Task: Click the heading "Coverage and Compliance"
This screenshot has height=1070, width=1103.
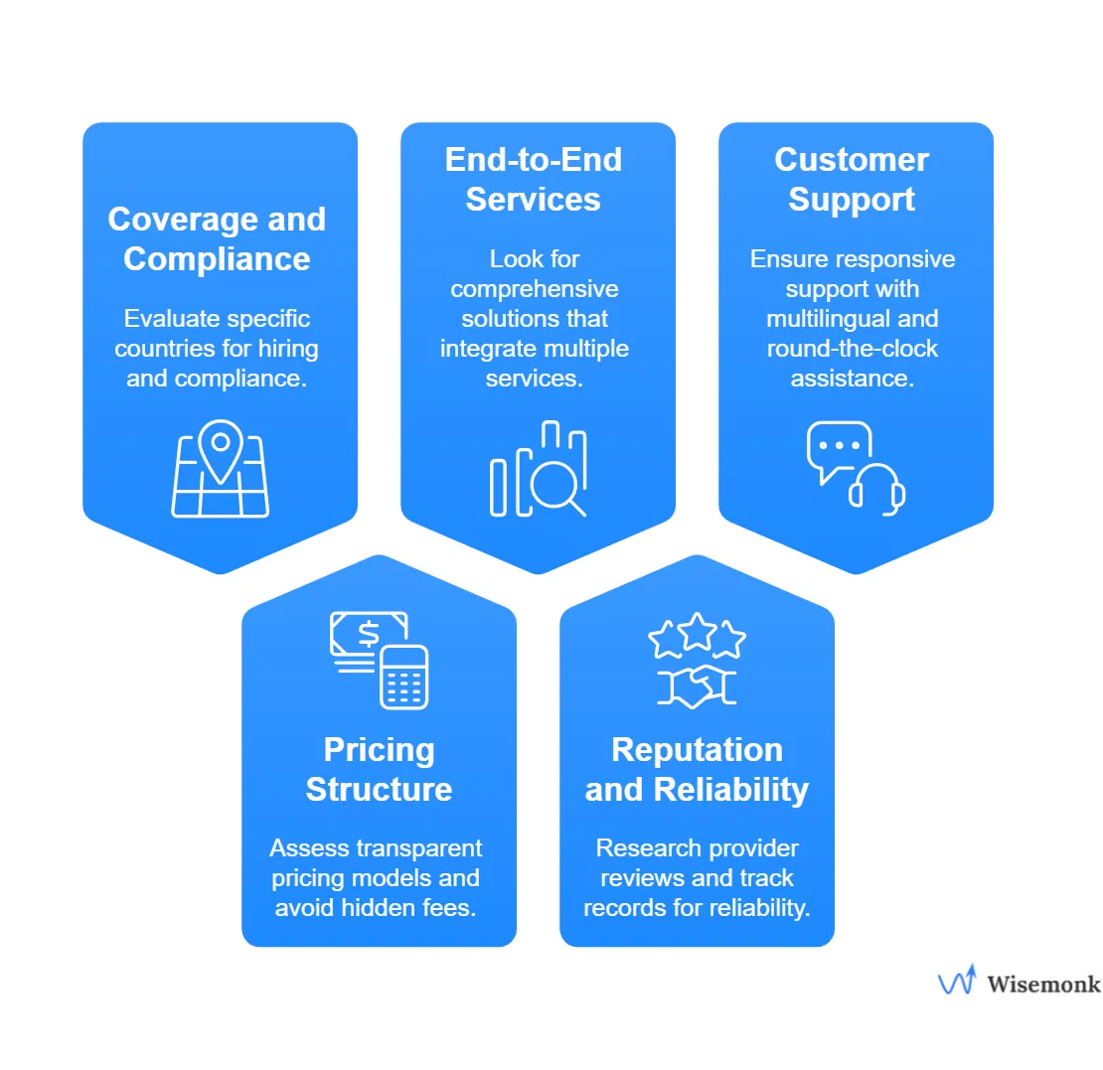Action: (217, 238)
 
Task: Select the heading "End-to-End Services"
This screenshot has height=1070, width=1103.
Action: (534, 179)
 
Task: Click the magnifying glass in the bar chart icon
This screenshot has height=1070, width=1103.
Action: (551, 484)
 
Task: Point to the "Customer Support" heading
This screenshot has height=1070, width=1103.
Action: (852, 179)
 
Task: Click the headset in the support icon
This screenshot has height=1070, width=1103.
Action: (876, 488)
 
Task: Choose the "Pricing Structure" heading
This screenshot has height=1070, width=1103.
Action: (379, 769)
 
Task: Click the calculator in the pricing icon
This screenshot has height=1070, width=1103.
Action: (403, 677)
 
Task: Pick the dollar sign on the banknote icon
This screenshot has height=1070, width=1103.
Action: (368, 633)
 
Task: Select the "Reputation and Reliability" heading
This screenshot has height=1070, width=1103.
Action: (697, 769)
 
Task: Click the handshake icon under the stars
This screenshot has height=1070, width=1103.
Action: (697, 686)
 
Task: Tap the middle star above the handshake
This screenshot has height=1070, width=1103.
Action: (697, 629)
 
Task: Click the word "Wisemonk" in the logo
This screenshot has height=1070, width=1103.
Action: (1043, 984)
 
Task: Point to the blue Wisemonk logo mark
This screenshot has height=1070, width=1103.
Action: (957, 981)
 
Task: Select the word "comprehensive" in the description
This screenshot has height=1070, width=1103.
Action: (534, 289)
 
